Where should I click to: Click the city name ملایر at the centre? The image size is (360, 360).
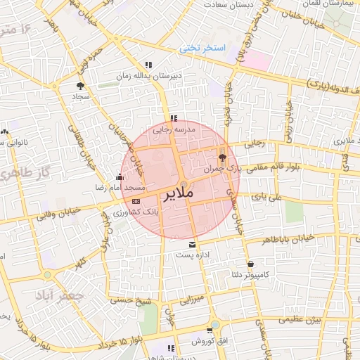(x=181, y=194)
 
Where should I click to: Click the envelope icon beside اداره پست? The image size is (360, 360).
(x=193, y=244)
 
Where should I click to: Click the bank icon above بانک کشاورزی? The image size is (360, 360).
(x=136, y=201)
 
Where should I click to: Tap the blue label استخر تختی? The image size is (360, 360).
(x=201, y=49)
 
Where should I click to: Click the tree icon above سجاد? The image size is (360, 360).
(x=79, y=85)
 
